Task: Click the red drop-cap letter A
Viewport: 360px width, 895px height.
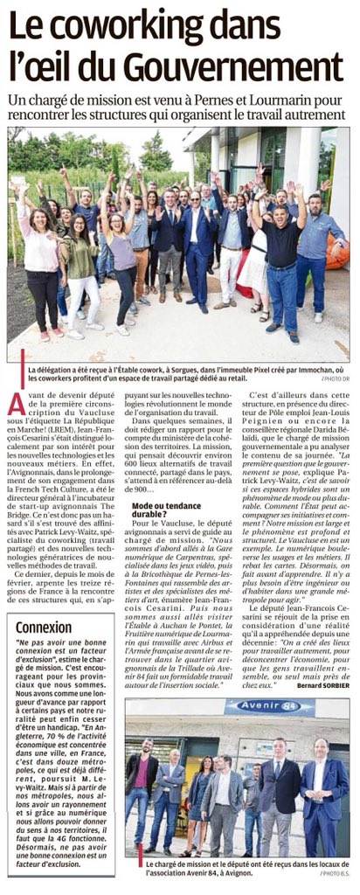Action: (x=15, y=405)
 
